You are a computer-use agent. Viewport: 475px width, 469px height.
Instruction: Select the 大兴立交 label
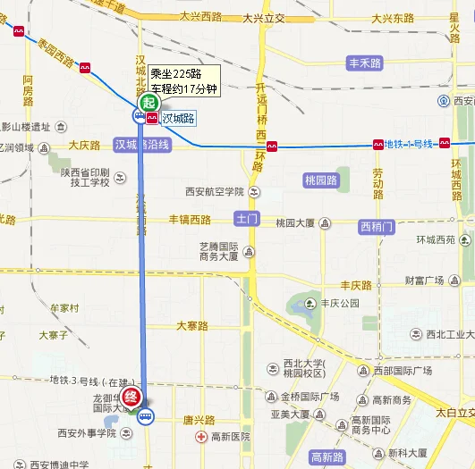coord(263,17)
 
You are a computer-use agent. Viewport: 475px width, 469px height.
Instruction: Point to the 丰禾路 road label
coord(364,63)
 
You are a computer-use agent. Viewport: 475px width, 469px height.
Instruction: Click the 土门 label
coord(246,218)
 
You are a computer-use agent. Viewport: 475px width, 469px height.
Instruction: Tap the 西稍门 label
coord(376,226)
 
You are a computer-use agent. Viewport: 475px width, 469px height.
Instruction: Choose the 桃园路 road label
coord(321,180)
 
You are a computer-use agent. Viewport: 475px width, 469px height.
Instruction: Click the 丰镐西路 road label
coord(190,220)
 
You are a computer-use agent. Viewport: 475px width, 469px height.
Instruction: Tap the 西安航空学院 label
coord(215,190)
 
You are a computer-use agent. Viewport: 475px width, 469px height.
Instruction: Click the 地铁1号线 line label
coord(408,144)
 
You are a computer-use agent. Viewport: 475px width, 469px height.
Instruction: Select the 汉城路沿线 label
coord(141,145)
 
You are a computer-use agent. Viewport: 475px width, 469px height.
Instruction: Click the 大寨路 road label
coord(191,326)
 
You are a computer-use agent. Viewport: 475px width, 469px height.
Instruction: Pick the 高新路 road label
coord(327,457)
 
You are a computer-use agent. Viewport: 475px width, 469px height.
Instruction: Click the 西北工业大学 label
coord(448,335)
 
